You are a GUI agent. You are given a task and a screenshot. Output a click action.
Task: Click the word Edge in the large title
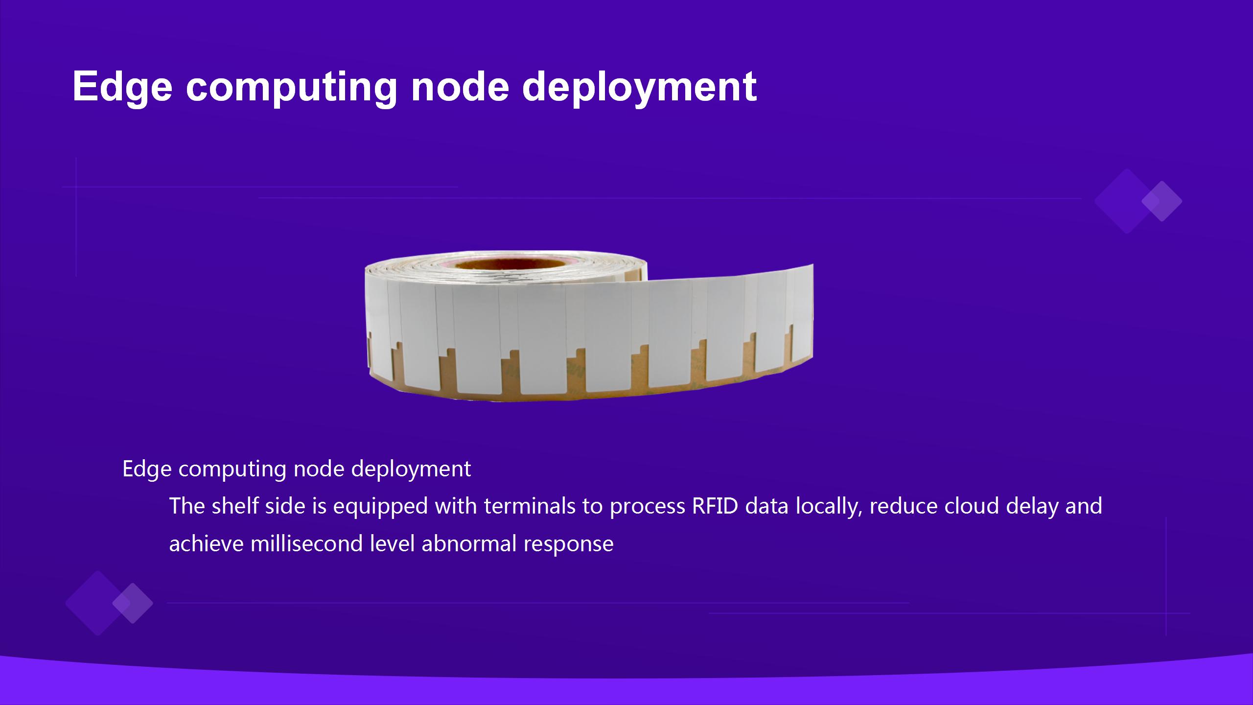coord(123,87)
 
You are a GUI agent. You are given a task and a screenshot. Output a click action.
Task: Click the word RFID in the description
coord(715,506)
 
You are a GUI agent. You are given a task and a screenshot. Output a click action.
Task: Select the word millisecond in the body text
coord(306,543)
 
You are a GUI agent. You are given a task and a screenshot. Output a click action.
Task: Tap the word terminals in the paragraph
coord(530,506)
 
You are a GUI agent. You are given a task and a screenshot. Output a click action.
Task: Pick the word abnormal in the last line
coord(469,543)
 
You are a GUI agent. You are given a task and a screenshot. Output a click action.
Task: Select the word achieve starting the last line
coord(206,543)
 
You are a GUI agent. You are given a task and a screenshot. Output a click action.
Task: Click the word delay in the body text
coord(1032,507)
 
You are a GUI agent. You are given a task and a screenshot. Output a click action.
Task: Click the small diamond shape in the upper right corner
coord(1162,201)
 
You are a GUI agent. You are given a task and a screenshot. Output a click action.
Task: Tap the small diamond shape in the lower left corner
coord(133,603)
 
